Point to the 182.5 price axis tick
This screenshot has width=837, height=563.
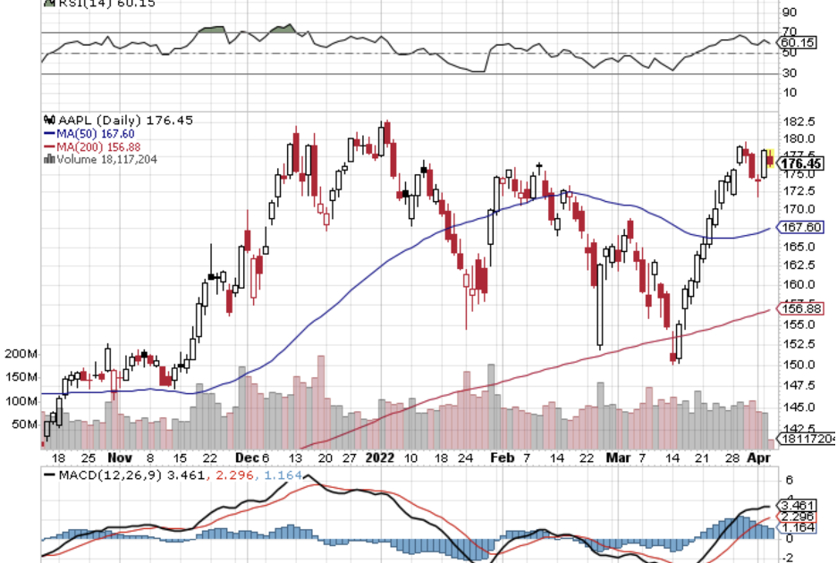(x=799, y=122)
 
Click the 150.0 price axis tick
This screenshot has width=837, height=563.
(x=799, y=365)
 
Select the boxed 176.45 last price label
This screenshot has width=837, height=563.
(x=802, y=164)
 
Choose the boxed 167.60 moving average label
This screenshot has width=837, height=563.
(x=802, y=227)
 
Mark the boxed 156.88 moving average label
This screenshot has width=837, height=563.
(x=802, y=309)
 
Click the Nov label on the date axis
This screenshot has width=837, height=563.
(x=117, y=457)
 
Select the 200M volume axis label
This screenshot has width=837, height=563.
(x=20, y=355)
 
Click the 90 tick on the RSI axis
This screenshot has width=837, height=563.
(x=790, y=13)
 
